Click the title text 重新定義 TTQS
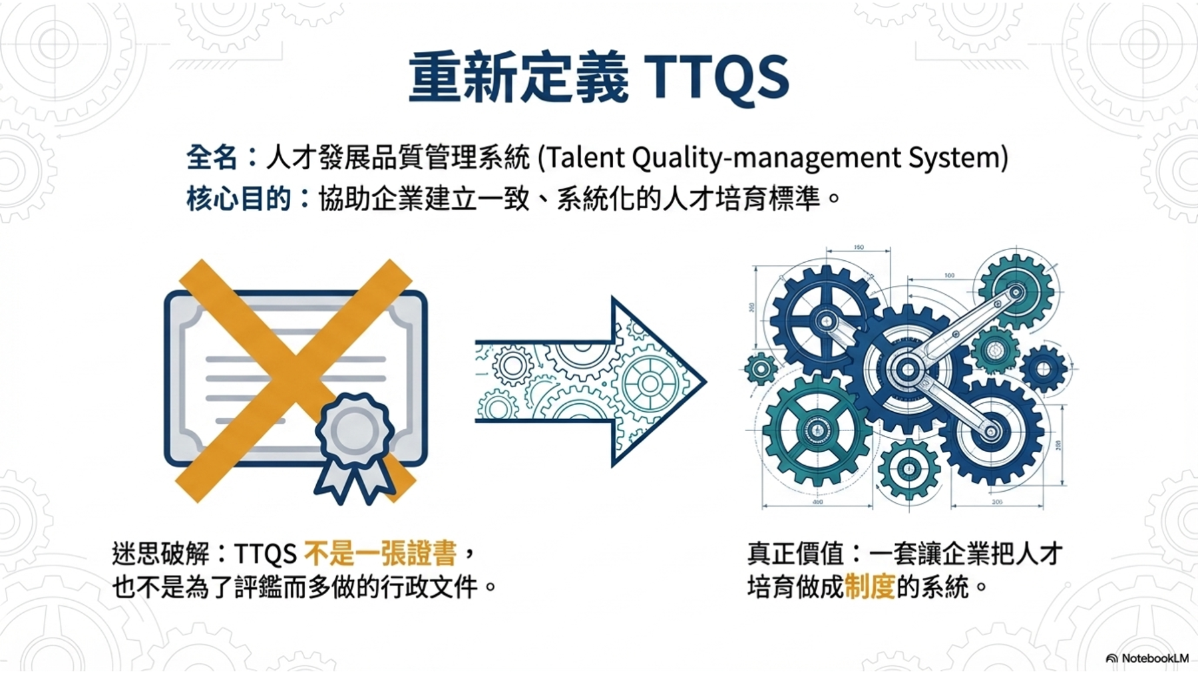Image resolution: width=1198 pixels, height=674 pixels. click(x=598, y=78)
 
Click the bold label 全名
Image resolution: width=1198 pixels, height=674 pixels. click(x=212, y=158)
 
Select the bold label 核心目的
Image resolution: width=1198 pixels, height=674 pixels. click(x=238, y=198)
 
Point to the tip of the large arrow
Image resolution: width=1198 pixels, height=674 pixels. click(x=706, y=381)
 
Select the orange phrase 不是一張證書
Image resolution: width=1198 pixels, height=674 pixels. click(x=380, y=554)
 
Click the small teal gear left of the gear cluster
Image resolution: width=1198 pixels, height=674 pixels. click(x=761, y=368)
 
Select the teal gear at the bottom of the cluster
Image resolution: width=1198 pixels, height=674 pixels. click(x=908, y=470)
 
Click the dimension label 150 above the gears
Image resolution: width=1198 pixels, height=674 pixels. click(x=859, y=248)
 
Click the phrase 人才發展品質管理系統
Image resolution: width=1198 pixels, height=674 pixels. click(x=398, y=158)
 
